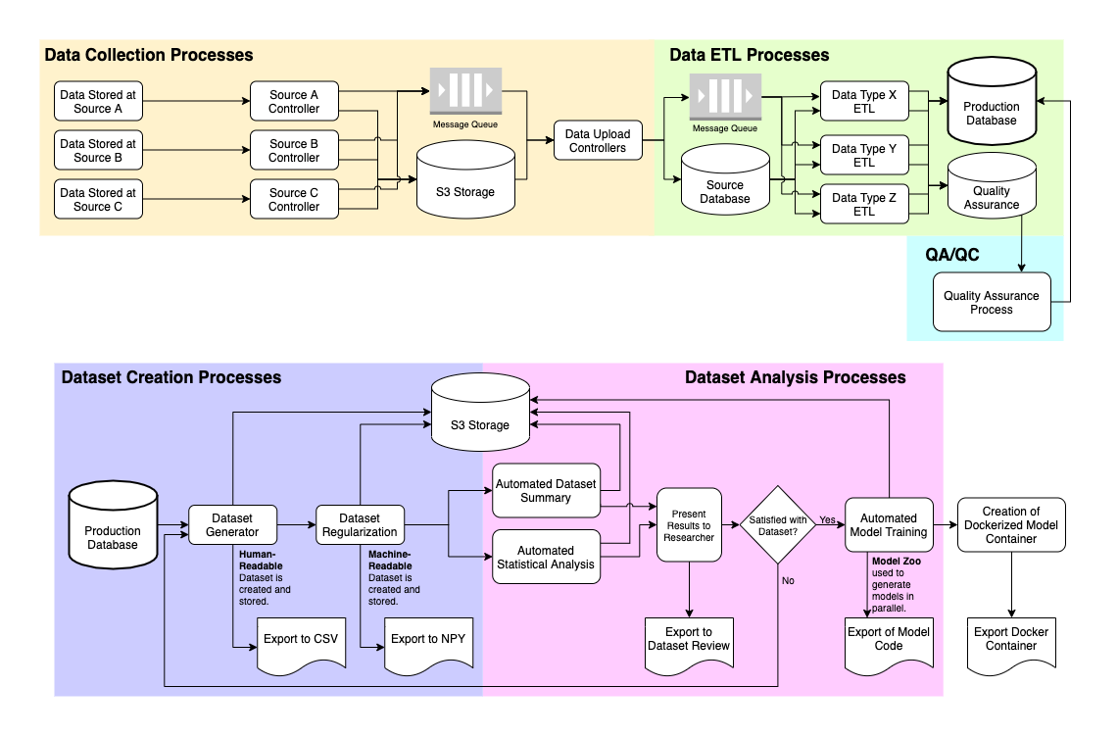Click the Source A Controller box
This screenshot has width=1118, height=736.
(294, 102)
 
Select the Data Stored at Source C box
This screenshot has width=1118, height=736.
(98, 200)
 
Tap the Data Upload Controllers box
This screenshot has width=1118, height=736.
(597, 141)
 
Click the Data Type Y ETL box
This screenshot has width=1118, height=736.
(863, 156)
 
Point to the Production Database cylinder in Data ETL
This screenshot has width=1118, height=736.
(991, 107)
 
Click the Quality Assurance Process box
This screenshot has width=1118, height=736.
(991, 303)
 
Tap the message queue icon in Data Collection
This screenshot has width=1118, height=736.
(465, 91)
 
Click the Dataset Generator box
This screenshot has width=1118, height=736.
(231, 525)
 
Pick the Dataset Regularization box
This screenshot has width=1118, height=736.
(360, 525)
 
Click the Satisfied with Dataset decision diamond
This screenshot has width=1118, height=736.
(778, 525)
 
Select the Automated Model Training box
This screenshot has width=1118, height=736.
(888, 525)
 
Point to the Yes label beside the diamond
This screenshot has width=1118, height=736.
(827, 519)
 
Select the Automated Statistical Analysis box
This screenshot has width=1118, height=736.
(545, 557)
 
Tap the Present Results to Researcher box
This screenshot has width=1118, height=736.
(689, 525)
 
